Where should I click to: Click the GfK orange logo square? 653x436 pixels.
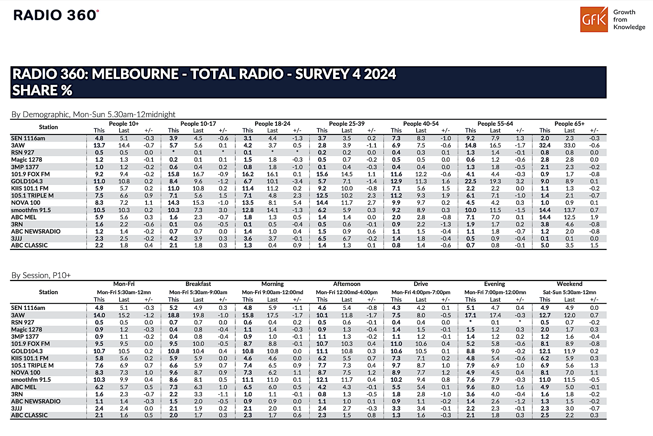pyautogui.click(x=594, y=19)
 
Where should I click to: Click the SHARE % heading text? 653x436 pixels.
pyautogui.click(x=42, y=91)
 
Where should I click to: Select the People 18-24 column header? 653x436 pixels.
pyautogui.click(x=272, y=124)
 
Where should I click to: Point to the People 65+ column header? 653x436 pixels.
pyautogui.click(x=569, y=124)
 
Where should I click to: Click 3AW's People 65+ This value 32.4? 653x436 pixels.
pyautogui.click(x=545, y=145)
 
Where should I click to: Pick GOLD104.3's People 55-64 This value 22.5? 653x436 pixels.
pyautogui.click(x=471, y=181)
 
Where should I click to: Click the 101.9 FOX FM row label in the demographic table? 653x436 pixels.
pyautogui.click(x=30, y=174)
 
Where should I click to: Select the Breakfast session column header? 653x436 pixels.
pyautogui.click(x=198, y=284)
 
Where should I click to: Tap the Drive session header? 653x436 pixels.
pyautogui.click(x=421, y=284)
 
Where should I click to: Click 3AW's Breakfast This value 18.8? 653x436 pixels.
pyautogui.click(x=173, y=315)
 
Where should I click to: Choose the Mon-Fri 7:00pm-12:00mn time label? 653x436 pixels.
pyautogui.click(x=495, y=292)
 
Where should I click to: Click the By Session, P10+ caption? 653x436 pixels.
pyautogui.click(x=41, y=275)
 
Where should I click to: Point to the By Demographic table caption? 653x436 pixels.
pyautogui.click(x=93, y=115)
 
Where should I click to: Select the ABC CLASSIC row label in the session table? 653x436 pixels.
pyautogui.click(x=29, y=415)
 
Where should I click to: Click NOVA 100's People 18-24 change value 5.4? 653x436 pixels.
pyautogui.click(x=297, y=202)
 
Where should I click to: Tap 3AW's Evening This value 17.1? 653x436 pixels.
pyautogui.click(x=471, y=315)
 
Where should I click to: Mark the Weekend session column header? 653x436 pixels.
pyautogui.click(x=569, y=284)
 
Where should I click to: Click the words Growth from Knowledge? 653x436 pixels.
pyautogui.click(x=629, y=19)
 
